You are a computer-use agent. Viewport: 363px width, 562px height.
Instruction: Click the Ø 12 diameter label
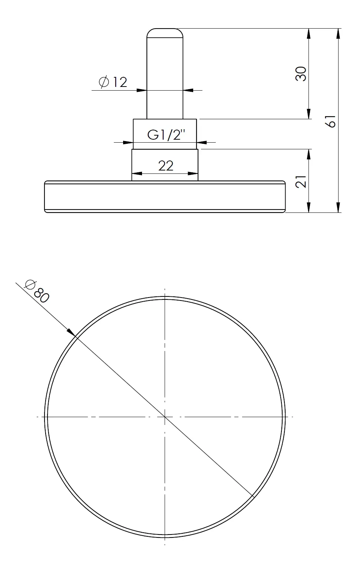click(x=113, y=82)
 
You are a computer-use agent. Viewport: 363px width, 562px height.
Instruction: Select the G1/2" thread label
click(x=166, y=135)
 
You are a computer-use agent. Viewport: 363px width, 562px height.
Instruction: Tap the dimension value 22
click(x=166, y=166)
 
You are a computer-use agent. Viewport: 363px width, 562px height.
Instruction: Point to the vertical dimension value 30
click(x=301, y=74)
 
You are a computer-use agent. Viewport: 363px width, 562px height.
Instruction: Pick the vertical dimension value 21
click(x=301, y=181)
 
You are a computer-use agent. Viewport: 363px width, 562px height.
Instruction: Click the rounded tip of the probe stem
click(x=165, y=33)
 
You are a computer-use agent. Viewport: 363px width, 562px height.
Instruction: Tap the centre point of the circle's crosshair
click(x=165, y=417)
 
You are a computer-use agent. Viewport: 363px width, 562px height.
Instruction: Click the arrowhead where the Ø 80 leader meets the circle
click(x=71, y=332)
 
